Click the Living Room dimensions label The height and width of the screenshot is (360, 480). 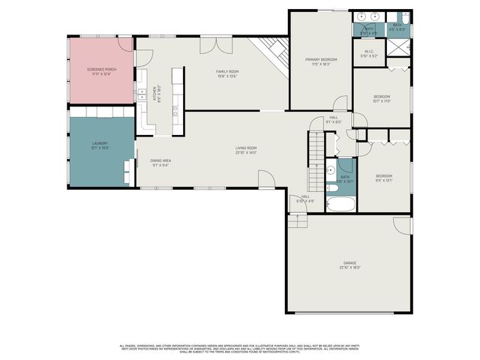(x=247, y=153)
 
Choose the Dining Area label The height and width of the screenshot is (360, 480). (x=160, y=163)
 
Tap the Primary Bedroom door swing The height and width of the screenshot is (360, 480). (x=340, y=103)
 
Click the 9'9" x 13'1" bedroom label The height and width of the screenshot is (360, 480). (x=383, y=178)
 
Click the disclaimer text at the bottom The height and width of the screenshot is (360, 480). (x=240, y=349)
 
